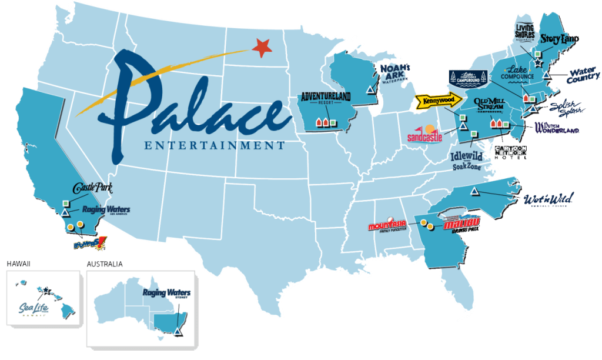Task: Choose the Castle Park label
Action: click(92, 189)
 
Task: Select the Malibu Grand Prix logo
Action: click(461, 224)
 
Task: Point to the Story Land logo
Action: click(559, 39)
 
